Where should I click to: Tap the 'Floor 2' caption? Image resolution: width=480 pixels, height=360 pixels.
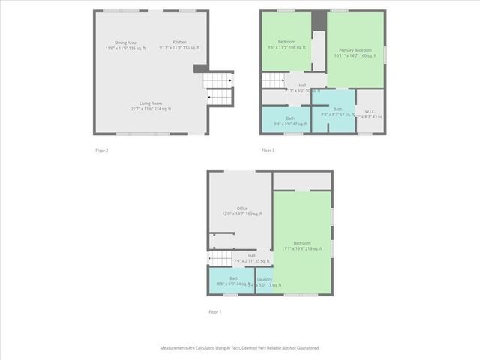102,151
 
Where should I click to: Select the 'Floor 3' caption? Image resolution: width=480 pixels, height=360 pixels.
268,151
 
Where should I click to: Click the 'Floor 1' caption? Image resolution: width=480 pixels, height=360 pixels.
215,311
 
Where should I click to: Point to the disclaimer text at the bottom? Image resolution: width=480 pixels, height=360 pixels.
240,348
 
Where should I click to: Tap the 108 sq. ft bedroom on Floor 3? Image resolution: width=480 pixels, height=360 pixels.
287,44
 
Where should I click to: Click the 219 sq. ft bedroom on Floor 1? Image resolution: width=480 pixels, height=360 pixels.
302,245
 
